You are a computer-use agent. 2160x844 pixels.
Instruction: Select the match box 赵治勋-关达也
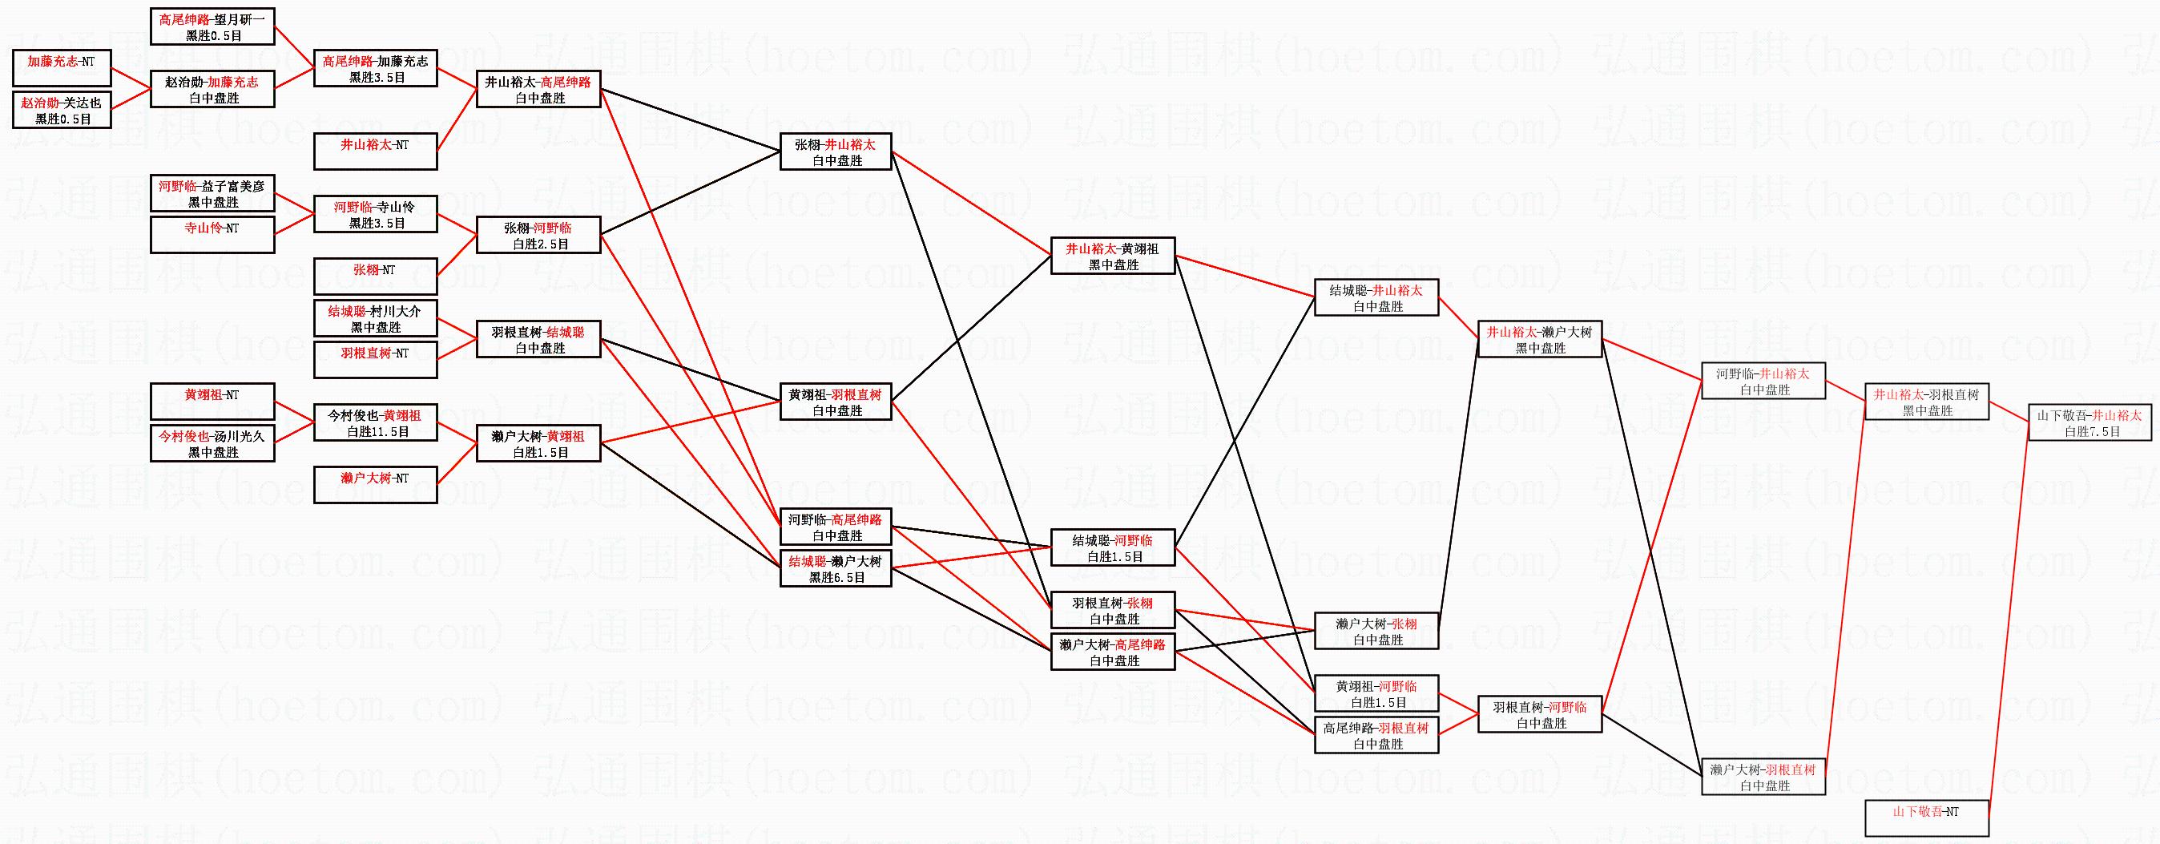[x=62, y=110]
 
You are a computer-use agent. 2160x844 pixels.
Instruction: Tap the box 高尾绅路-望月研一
[x=213, y=26]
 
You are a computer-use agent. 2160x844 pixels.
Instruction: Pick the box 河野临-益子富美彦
[x=213, y=194]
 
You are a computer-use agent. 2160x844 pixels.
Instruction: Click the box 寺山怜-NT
[x=213, y=235]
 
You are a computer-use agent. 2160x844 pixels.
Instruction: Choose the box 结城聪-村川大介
[x=376, y=319]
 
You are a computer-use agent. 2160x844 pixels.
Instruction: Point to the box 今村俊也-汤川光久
[x=213, y=444]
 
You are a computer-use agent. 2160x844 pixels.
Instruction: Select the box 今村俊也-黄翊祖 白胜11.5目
[x=376, y=423]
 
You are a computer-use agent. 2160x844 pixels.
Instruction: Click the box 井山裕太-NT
[x=376, y=151]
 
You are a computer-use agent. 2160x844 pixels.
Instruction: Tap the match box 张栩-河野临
[x=539, y=235]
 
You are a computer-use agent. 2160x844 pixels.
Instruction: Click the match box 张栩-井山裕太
[x=836, y=151]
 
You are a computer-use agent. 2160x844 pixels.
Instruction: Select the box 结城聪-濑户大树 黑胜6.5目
[x=836, y=569]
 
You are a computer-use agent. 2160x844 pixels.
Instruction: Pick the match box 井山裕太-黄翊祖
[x=1113, y=256]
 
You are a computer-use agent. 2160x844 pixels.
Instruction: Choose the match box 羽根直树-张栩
[x=1113, y=610]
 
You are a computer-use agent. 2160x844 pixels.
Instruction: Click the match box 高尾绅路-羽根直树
[x=1376, y=736]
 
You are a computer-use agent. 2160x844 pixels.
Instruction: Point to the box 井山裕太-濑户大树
[x=1540, y=339]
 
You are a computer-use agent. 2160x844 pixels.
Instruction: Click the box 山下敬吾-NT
[x=1927, y=818]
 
